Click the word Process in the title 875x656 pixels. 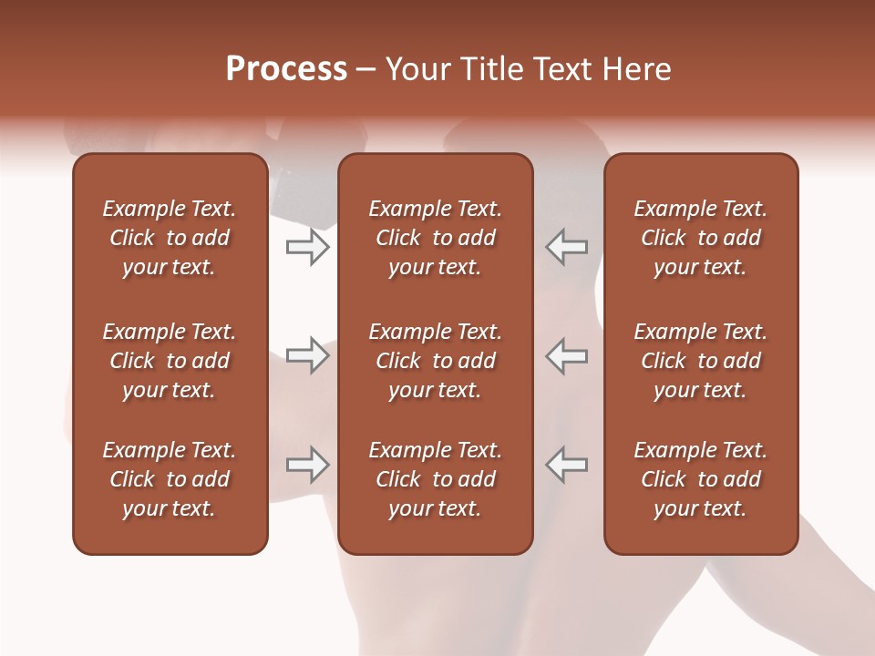286,69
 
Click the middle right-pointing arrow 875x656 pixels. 308,356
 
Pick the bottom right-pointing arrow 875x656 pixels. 308,465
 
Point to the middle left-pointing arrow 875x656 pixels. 566,356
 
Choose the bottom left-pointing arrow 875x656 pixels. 566,465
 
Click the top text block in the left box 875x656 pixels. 170,238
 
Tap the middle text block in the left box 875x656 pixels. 170,361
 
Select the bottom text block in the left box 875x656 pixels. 170,479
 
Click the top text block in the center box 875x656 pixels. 435,238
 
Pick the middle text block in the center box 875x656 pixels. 435,361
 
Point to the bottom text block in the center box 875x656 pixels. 435,479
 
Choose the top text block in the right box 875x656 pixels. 700,238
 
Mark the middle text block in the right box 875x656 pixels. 700,361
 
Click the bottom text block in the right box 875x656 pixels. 700,479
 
